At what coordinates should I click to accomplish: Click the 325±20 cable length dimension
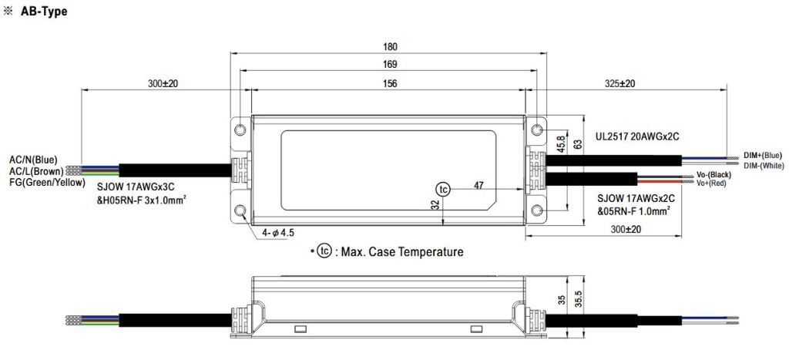tap(619, 83)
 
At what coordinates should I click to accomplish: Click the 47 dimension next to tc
tap(478, 185)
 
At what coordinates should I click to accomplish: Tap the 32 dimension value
tap(436, 206)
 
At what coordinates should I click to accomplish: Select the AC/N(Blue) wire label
tap(34, 159)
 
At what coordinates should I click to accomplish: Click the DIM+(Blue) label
tap(762, 155)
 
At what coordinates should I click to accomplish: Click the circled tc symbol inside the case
tap(442, 189)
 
